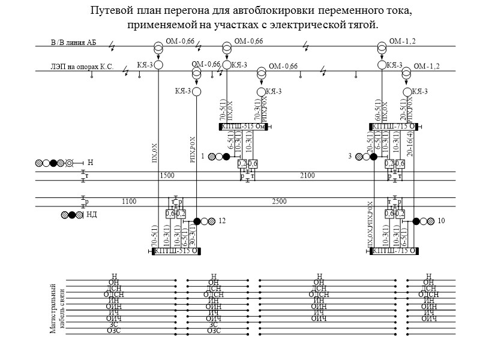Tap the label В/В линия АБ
(x=73, y=43)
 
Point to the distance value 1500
(x=168, y=175)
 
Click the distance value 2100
(x=307, y=175)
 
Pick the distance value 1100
(x=130, y=202)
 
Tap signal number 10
(x=441, y=221)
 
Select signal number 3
(x=349, y=157)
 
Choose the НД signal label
(x=92, y=214)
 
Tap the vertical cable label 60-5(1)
(x=377, y=110)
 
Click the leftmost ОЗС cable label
(x=113, y=331)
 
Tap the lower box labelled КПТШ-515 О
(x=175, y=251)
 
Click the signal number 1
(x=203, y=157)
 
